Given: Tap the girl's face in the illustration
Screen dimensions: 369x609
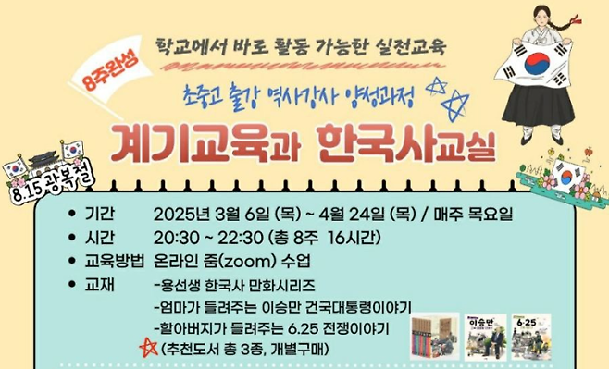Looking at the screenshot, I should click(543, 19).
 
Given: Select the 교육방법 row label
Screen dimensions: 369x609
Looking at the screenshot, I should click(113, 260).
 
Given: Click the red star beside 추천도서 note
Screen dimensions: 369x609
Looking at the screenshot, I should click(145, 349).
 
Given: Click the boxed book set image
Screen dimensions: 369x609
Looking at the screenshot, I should click(434, 335).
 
